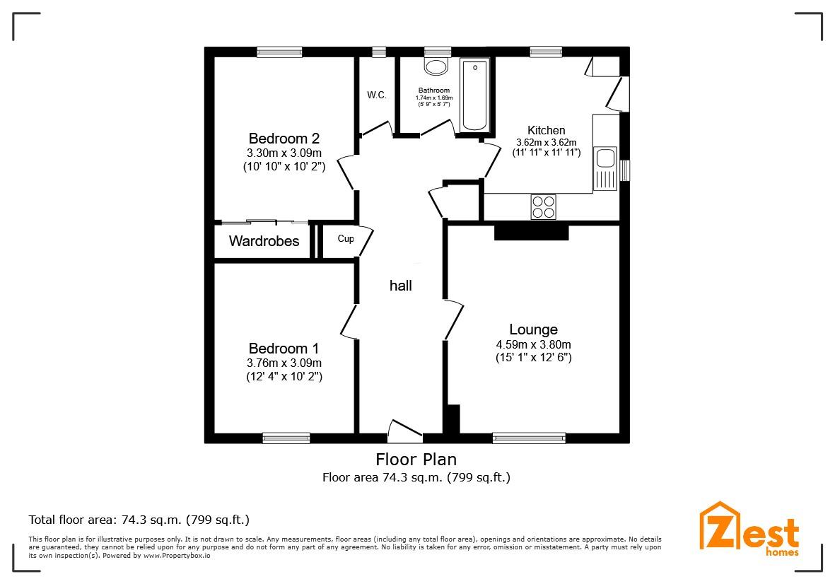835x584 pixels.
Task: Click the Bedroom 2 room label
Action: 284,139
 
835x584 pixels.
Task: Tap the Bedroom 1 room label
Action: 284,349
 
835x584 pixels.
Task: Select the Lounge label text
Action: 533,329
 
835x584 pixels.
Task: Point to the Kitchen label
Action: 546,130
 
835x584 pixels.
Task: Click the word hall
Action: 400,286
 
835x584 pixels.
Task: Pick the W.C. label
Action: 376,95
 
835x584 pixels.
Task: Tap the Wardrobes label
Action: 264,241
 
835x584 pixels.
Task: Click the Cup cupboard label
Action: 345,239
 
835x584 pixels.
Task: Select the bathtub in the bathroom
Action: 474,95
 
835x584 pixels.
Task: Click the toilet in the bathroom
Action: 436,66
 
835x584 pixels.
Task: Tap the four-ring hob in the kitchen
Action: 543,207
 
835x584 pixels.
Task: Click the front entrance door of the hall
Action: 405,429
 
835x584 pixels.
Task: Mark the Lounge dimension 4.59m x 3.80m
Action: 533,345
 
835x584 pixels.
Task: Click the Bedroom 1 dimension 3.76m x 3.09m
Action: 284,363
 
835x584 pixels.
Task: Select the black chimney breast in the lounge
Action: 531,232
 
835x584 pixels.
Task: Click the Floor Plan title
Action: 416,460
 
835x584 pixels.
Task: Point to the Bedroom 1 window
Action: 286,438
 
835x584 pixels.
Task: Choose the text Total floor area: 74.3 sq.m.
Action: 139,520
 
